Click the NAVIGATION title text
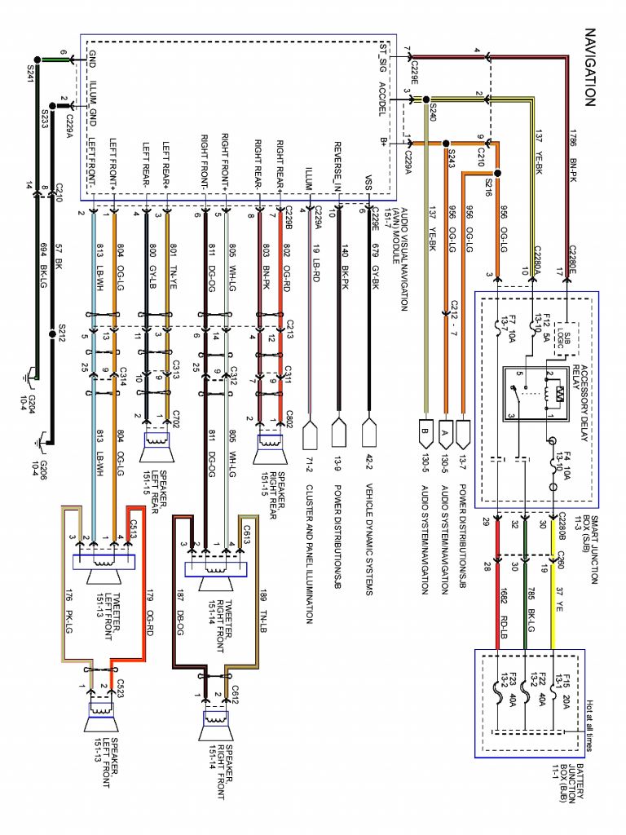pyautogui.click(x=591, y=68)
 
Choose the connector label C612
pyautogui.click(x=233, y=692)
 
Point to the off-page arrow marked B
pyautogui.click(x=424, y=432)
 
